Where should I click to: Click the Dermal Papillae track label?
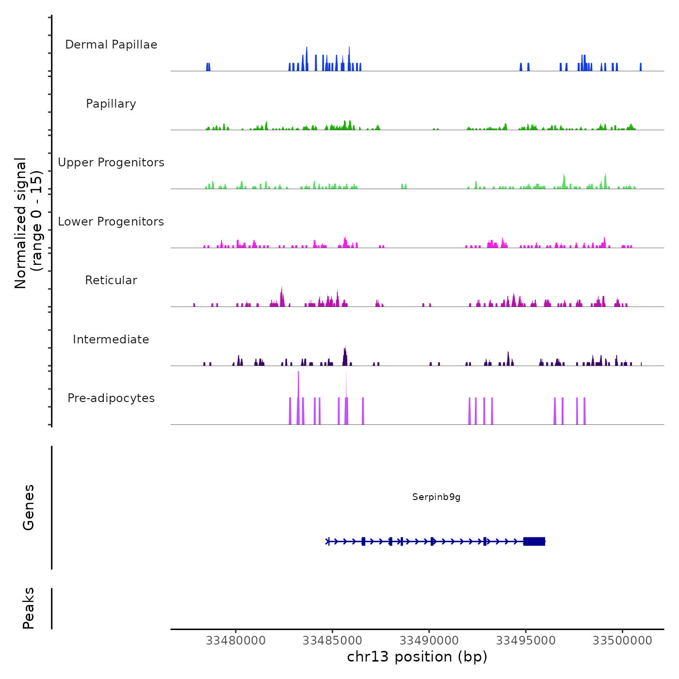coord(111,45)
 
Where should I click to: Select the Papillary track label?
coord(111,104)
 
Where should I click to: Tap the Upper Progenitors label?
coord(111,162)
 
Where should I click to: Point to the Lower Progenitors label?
coord(111,222)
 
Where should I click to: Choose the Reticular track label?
coord(111,280)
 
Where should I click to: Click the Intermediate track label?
coord(111,339)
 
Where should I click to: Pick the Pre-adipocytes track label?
coord(111,398)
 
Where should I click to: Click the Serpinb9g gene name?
coord(436,497)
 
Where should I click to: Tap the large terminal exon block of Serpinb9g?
coord(534,541)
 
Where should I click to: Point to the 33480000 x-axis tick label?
coord(236,641)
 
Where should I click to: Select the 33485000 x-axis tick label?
coord(332,641)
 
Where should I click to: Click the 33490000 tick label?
coord(429,641)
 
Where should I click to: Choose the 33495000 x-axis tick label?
coord(526,641)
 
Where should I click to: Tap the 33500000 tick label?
coord(622,641)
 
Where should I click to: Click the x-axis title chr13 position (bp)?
coord(417,657)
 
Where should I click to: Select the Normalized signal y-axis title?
coord(28,223)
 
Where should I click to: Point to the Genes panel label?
coord(29,507)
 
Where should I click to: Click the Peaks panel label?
coord(29,608)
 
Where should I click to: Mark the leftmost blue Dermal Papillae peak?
coord(208,67)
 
